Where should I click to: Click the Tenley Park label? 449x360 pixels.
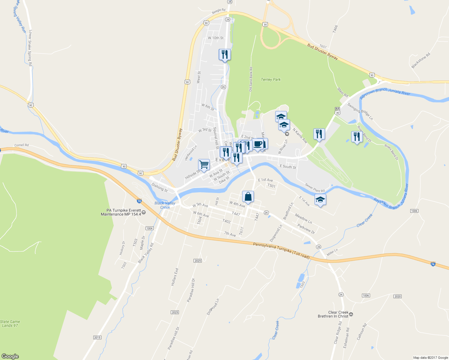tap(271, 79)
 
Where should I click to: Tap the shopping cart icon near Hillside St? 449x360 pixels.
tap(204, 165)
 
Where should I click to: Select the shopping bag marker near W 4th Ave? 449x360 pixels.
tap(248, 197)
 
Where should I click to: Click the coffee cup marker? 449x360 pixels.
tap(258, 144)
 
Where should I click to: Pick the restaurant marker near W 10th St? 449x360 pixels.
tap(224, 55)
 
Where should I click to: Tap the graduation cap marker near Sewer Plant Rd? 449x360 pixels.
tap(320, 199)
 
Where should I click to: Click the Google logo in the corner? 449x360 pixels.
tap(10, 356)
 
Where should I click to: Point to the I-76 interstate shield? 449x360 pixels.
tap(433, 264)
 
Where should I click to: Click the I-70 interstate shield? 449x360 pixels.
tap(139, 201)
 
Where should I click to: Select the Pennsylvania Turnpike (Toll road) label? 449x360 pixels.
tap(281, 250)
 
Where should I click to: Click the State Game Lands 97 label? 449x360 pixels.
tap(10, 323)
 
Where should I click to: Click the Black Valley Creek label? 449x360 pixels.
tap(165, 205)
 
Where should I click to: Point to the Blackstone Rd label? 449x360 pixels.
tap(421, 61)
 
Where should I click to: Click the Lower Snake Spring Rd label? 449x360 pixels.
tap(30, 47)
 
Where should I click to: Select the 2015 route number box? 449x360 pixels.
tap(97, 337)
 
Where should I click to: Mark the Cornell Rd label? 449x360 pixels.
tap(22, 145)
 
